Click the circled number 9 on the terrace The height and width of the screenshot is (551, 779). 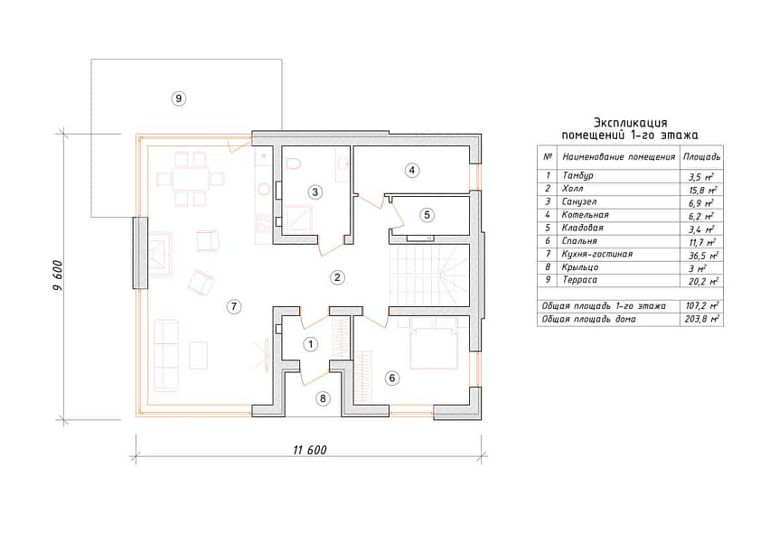pyautogui.click(x=178, y=98)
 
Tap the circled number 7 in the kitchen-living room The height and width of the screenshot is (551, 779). pyautogui.click(x=233, y=307)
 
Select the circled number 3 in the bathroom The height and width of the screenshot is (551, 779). pyautogui.click(x=315, y=192)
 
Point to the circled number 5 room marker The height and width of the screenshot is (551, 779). pyautogui.click(x=427, y=215)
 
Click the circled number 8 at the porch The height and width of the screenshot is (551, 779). pyautogui.click(x=323, y=398)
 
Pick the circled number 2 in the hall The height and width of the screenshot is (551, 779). pyautogui.click(x=337, y=277)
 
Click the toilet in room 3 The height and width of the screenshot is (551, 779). pyautogui.click(x=294, y=163)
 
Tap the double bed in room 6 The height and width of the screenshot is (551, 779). pyautogui.click(x=433, y=343)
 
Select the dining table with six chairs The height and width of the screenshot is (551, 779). pyautogui.click(x=191, y=179)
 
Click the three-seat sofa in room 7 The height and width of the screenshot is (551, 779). pyautogui.click(x=166, y=355)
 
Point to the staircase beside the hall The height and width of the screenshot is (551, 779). pyautogui.click(x=428, y=275)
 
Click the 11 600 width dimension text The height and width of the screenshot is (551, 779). pyautogui.click(x=310, y=450)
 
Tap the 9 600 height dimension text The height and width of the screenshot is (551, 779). pyautogui.click(x=58, y=275)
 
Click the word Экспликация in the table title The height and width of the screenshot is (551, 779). pyautogui.click(x=631, y=122)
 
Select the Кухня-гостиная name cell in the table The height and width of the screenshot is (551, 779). pyautogui.click(x=597, y=254)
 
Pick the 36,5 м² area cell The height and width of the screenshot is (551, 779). pyautogui.click(x=700, y=255)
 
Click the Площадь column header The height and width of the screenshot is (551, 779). pyautogui.click(x=701, y=157)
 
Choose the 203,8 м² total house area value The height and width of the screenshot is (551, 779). pyautogui.click(x=701, y=319)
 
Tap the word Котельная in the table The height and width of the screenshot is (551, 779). pyautogui.click(x=586, y=215)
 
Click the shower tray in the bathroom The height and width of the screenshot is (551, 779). pyautogui.click(x=296, y=219)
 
